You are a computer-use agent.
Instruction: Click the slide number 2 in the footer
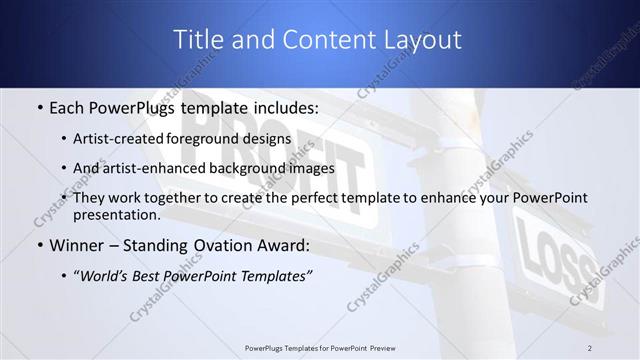coord(590,347)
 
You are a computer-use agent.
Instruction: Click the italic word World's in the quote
coord(107,276)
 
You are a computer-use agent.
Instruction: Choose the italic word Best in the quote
coord(151,276)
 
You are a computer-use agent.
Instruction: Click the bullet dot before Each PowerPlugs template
coord(39,106)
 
